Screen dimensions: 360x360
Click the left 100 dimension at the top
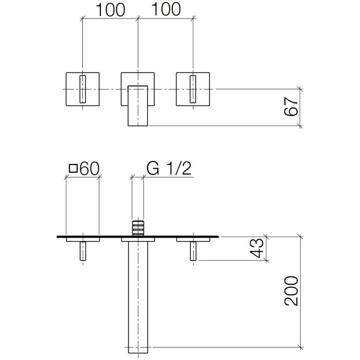pos(109,10)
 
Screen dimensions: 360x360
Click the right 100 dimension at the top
pos(166,10)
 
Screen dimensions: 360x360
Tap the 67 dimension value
pos(291,106)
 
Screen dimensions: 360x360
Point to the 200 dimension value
pos(291,291)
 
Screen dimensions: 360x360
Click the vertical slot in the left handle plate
pos(82,89)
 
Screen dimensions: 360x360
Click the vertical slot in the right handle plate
pos(193,89)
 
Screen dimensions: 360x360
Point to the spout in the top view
pos(137,105)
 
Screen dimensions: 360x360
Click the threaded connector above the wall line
pos(137,227)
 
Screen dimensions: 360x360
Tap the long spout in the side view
pos(137,298)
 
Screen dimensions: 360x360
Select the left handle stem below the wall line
pos(82,251)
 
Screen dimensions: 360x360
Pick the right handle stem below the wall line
pos(193,251)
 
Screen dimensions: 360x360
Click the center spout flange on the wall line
pos(137,239)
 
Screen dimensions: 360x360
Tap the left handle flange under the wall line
pos(82,239)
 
